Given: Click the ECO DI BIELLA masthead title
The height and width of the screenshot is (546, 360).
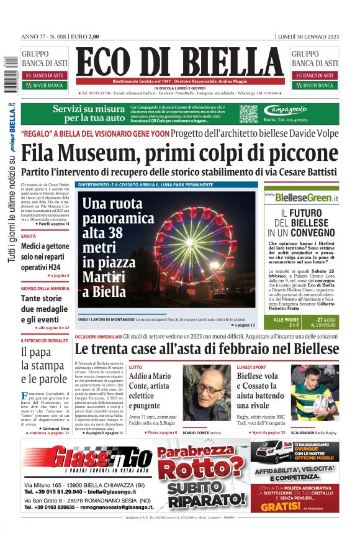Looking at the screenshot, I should tap(180, 62).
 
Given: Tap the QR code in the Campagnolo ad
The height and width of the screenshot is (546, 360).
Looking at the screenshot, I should tap(248, 114).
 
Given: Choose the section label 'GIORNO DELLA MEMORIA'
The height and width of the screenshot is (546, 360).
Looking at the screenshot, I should tap(45, 288).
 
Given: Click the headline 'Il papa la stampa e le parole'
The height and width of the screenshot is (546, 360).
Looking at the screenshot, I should tap(43, 365).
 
